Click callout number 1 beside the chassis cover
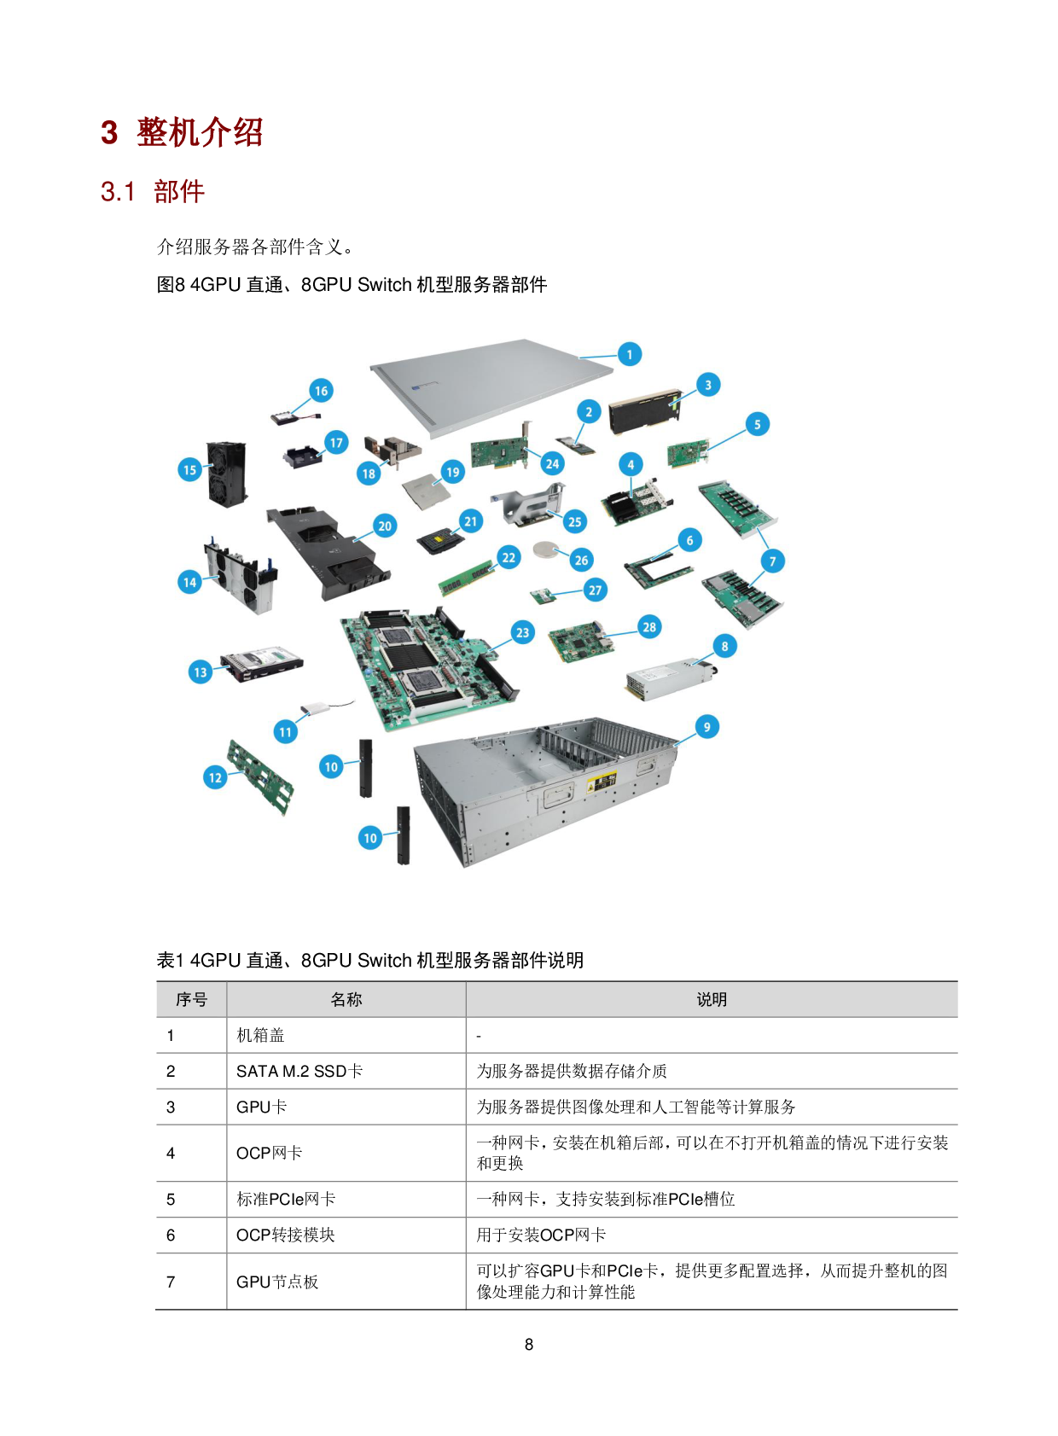pyautogui.click(x=629, y=354)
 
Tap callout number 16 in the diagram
pyautogui.click(x=321, y=391)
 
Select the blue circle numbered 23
pyautogui.click(x=522, y=633)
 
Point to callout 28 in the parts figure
pyautogui.click(x=649, y=626)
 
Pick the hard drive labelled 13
pyautogui.click(x=262, y=664)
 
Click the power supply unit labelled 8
pyautogui.click(x=671, y=679)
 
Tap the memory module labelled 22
pyautogui.click(x=468, y=578)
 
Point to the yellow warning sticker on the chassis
pyautogui.click(x=602, y=782)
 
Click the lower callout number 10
pyautogui.click(x=370, y=837)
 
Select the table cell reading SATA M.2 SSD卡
pyautogui.click(x=299, y=1071)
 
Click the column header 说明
pyautogui.click(x=711, y=999)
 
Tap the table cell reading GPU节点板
pyautogui.click(x=277, y=1281)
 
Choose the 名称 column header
pyautogui.click(x=346, y=999)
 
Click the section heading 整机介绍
pyautogui.click(x=200, y=132)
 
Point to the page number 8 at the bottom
pyautogui.click(x=528, y=1344)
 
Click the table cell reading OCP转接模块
pyautogui.click(x=285, y=1235)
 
